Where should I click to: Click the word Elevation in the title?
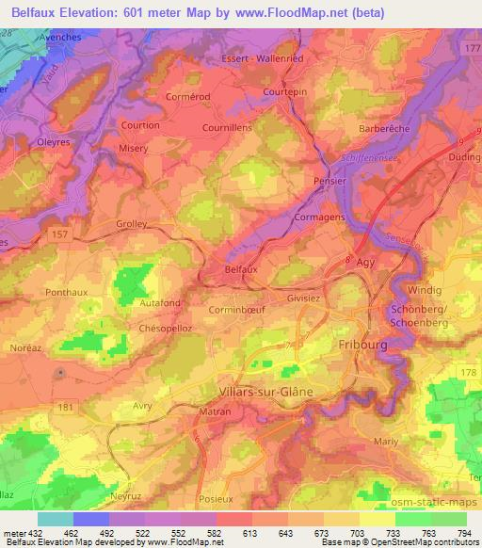[x=87, y=10]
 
